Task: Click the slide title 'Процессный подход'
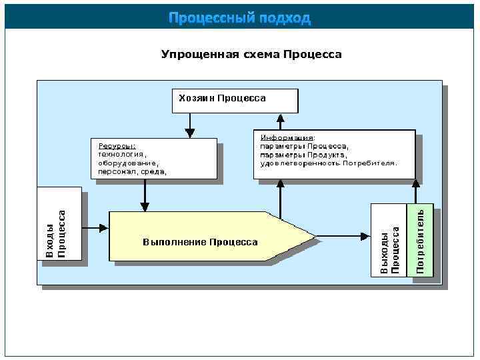tap(239, 17)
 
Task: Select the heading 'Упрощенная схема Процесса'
tap(251, 54)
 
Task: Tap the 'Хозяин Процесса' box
tap(235, 100)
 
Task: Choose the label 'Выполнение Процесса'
tap(200, 242)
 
